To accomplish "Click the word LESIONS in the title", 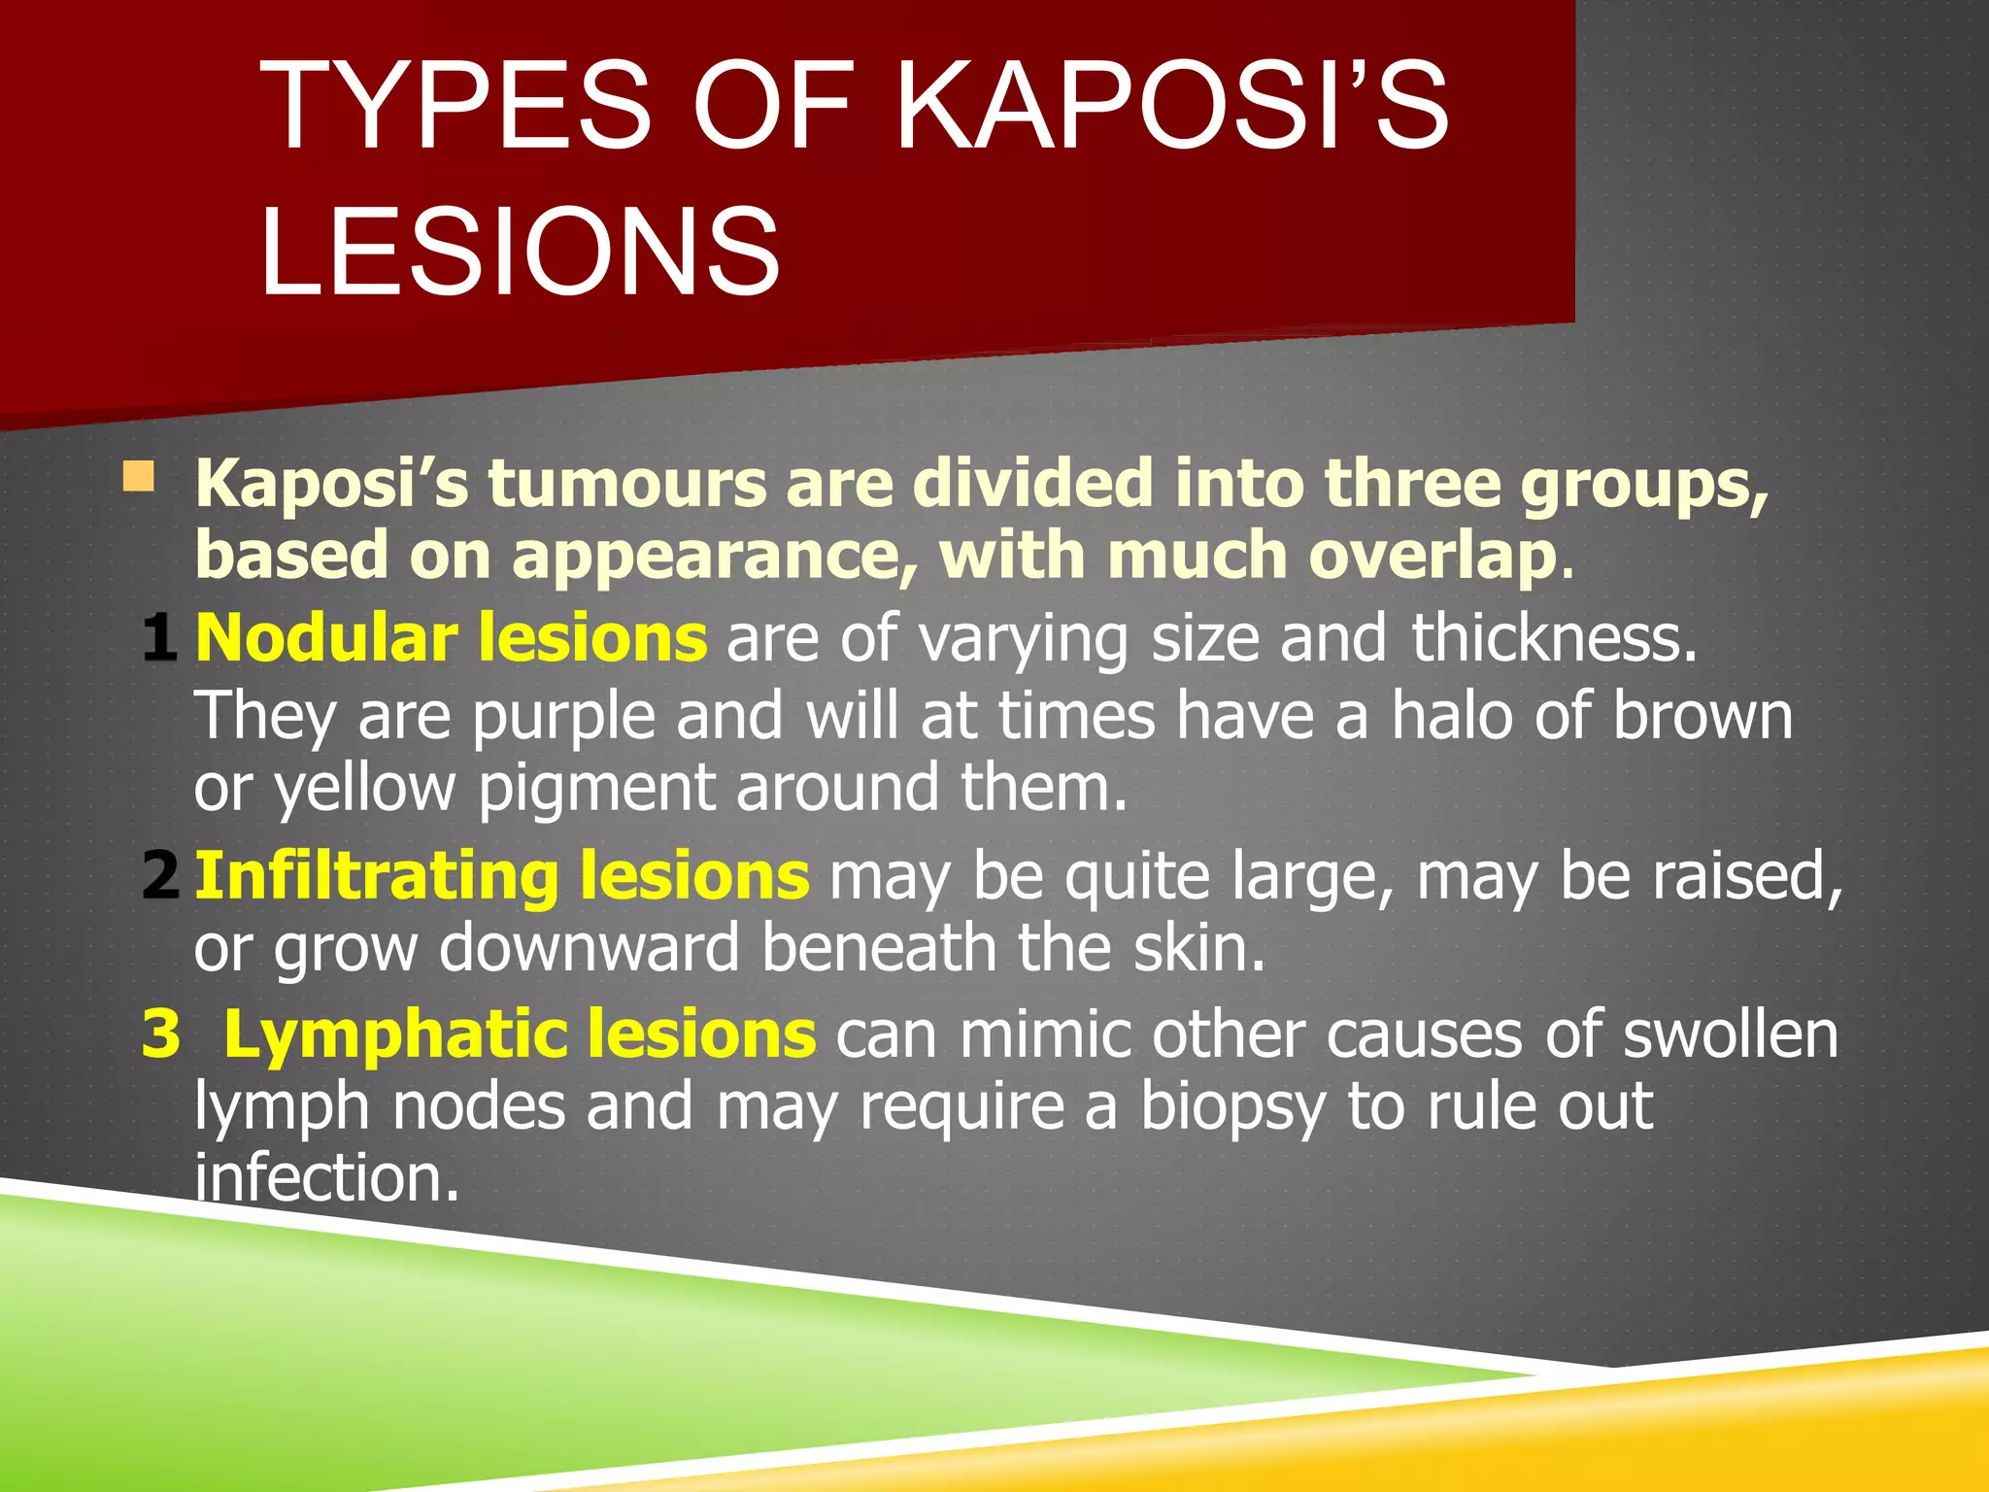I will tap(520, 251).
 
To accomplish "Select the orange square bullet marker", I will tap(139, 477).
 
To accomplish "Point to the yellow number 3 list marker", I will tap(161, 1034).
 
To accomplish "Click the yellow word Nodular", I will tap(326, 638).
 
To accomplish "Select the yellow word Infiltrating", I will tap(377, 875).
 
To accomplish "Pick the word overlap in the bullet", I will tap(1433, 556).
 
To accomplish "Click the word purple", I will tap(564, 717).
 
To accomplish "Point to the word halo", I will tap(1451, 715).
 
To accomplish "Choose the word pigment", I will tap(596, 789).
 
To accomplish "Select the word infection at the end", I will tap(326, 1177).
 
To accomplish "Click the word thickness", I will tap(1554, 638).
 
